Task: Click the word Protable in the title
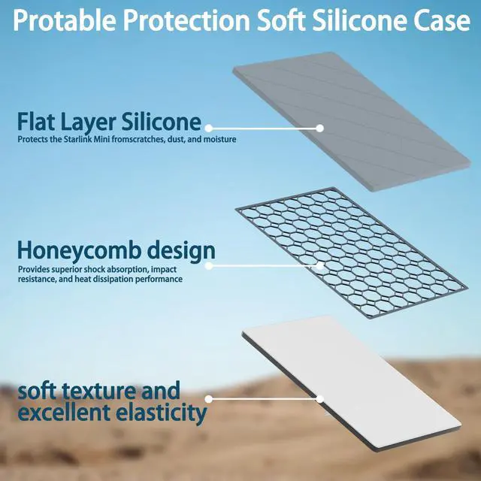coord(65,21)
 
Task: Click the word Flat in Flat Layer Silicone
coord(36,121)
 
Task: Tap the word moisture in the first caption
coord(220,139)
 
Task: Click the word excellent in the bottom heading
coord(65,413)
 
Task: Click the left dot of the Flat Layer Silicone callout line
coord(209,128)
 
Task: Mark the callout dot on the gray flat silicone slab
coord(319,129)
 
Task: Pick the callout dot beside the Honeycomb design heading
coord(209,265)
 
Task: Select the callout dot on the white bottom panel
coord(319,399)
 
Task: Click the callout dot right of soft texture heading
coord(209,399)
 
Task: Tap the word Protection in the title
coord(187,20)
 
